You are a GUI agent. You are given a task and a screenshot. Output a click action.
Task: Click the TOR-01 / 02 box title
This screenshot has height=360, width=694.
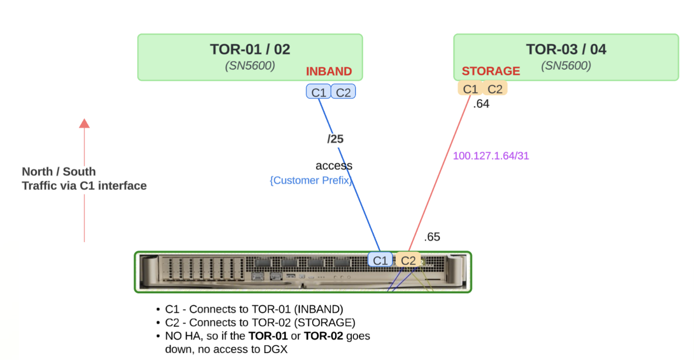coord(250,49)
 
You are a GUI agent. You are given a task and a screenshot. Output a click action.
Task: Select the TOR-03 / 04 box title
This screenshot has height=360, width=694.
coord(566,49)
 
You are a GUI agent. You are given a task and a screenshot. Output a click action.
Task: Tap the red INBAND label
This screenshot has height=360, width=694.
coord(329,71)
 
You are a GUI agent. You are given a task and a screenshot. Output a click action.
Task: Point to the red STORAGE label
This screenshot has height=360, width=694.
coord(491,71)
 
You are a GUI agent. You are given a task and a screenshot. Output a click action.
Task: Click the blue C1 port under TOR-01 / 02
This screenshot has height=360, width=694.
coord(319,92)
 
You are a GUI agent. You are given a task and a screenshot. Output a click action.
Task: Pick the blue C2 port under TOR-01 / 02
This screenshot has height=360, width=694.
coord(343,92)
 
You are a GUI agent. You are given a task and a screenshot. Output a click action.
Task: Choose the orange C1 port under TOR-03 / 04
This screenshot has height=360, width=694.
coord(470,89)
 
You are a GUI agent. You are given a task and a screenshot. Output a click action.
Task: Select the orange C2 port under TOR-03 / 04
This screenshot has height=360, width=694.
coord(495,89)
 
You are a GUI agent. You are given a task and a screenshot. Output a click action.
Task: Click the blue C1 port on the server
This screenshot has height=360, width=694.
coord(380,260)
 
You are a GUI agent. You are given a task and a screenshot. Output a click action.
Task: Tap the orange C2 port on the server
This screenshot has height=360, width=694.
coord(408,260)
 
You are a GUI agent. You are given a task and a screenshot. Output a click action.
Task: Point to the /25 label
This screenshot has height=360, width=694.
coord(336,139)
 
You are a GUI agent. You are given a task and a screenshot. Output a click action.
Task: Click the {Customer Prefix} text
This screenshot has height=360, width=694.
coord(311,180)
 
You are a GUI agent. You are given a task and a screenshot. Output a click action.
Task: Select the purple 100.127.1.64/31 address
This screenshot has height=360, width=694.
coord(491,156)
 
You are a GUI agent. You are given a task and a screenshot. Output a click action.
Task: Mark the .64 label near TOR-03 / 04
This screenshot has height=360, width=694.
coord(481,105)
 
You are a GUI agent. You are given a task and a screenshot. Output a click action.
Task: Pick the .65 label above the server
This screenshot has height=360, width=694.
coord(432,237)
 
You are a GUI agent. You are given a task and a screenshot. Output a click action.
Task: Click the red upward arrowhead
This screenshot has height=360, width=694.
coord(84,124)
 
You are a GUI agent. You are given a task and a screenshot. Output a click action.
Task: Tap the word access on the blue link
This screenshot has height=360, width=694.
coord(334,166)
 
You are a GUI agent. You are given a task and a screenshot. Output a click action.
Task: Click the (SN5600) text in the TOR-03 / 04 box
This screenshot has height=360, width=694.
coord(566,66)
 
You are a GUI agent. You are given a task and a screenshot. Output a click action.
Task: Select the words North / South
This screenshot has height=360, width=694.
coord(59,172)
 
